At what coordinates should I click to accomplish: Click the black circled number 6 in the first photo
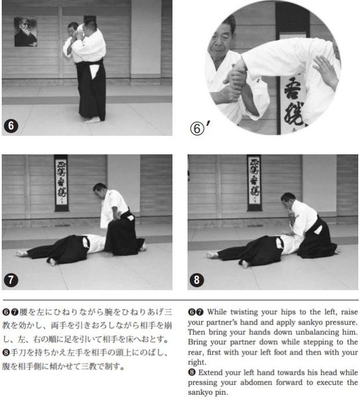[x=11, y=126]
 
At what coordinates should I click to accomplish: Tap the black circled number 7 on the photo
[x=11, y=280]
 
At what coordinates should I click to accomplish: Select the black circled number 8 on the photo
[x=197, y=280]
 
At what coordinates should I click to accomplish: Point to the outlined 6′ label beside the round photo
[x=200, y=128]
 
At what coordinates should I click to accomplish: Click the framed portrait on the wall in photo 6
[x=26, y=32]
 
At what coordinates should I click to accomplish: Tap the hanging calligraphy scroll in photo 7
[x=61, y=183]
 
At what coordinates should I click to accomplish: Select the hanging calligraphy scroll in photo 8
[x=254, y=183]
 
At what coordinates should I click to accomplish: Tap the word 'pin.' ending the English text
[x=221, y=392]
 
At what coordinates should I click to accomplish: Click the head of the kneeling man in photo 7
[x=100, y=190]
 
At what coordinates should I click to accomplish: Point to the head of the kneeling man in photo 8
[x=288, y=200]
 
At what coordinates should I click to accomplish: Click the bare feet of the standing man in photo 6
[x=92, y=120]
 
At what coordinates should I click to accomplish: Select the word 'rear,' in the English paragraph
[x=196, y=353]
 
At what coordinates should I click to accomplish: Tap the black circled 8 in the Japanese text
[x=6, y=353]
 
